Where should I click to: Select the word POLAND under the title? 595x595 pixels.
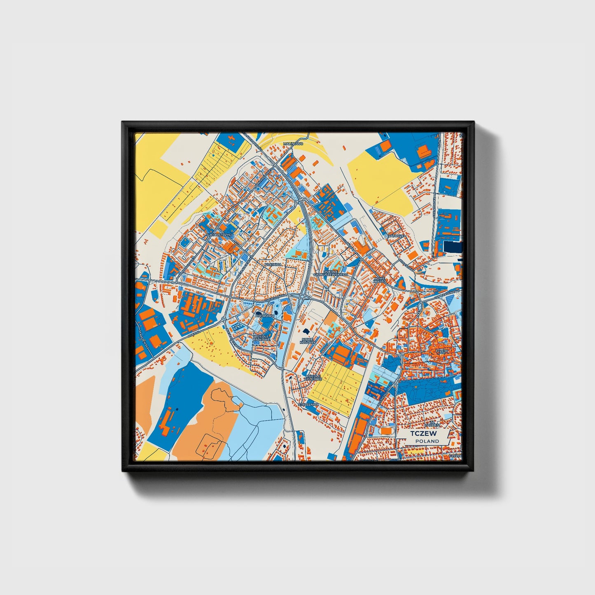pos(427,441)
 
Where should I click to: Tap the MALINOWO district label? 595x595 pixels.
pos(294,144)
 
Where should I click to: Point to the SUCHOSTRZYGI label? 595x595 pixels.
pos(220,235)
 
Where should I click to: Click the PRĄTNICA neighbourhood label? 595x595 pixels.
pos(273,264)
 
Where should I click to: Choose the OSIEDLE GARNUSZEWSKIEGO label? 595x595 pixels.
pos(331,273)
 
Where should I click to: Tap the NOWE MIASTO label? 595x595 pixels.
pos(379,280)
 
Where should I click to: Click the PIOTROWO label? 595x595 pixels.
pos(264,315)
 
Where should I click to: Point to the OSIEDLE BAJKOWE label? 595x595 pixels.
pos(261,338)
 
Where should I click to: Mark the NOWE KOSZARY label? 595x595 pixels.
pos(307,341)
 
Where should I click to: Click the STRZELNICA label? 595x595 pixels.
pos(308,405)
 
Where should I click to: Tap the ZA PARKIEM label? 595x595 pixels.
pos(433,424)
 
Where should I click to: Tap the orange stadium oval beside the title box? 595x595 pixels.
pos(386,430)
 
